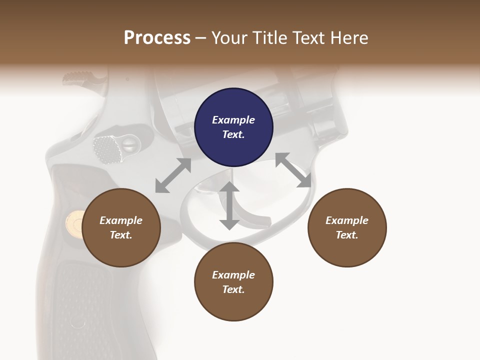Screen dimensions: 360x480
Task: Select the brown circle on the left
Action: pos(121,227)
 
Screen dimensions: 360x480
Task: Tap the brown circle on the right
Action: pos(347,227)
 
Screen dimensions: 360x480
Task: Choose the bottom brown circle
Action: pos(233,282)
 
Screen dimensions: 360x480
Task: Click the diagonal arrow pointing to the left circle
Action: pos(173,175)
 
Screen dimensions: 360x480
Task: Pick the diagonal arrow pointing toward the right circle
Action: pos(293,170)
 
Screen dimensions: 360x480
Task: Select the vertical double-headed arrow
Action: pos(229,205)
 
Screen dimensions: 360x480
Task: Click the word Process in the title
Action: pos(157,37)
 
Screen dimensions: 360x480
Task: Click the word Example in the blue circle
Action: pos(233,120)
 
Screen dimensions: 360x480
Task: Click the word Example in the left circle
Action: pos(121,220)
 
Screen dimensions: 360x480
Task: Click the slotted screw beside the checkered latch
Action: pos(128,145)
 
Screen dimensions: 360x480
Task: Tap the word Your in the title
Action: pos(229,37)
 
